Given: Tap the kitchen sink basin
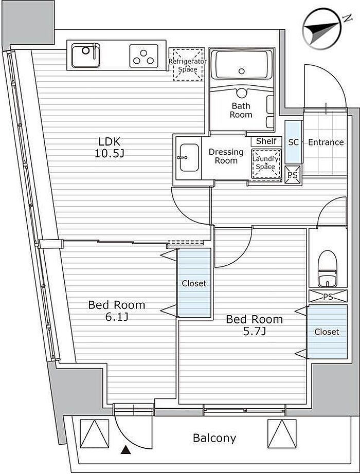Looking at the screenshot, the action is [86, 56].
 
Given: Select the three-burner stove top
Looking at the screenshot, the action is [144, 56].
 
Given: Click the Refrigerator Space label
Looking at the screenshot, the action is [188, 65].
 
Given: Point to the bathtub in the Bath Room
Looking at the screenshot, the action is [241, 65].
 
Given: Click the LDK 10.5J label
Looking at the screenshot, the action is [110, 147].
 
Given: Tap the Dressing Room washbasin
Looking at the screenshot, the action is [189, 157].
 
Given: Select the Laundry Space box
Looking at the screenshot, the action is [265, 162].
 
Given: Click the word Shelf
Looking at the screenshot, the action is [266, 141].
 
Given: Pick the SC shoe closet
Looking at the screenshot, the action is [294, 142].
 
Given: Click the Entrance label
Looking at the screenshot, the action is [326, 142].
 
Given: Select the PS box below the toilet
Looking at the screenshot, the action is [328, 296].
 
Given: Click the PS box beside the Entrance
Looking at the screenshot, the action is [293, 174].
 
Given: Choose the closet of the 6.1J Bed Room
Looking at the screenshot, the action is [194, 283].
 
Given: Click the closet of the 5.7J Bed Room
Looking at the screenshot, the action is [327, 332].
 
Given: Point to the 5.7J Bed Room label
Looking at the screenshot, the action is [255, 325].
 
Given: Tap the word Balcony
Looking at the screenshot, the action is [214, 437].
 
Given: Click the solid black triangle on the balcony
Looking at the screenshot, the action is [125, 450].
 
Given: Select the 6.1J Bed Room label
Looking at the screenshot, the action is [116, 311].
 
